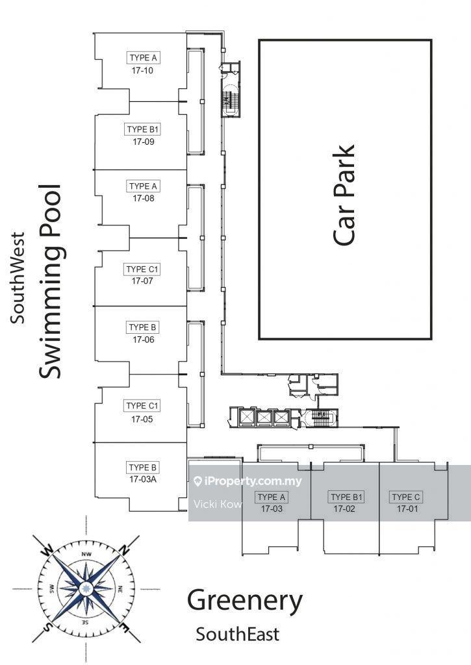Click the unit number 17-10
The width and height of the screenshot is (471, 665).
click(x=142, y=71)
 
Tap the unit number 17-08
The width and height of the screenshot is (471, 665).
click(x=143, y=199)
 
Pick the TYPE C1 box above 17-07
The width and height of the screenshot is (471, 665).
click(x=143, y=269)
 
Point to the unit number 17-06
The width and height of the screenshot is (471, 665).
click(x=143, y=340)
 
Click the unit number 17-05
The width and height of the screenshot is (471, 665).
click(x=142, y=420)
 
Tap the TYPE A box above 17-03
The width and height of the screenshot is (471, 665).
click(x=272, y=497)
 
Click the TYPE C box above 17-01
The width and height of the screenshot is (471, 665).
click(x=406, y=497)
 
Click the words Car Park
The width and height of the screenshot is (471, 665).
click(x=344, y=195)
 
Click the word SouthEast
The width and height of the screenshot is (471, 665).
click(x=238, y=633)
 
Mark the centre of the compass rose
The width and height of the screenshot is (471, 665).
click(x=86, y=589)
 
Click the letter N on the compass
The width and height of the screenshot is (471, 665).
click(x=125, y=549)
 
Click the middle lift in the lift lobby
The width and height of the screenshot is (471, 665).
click(x=264, y=418)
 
